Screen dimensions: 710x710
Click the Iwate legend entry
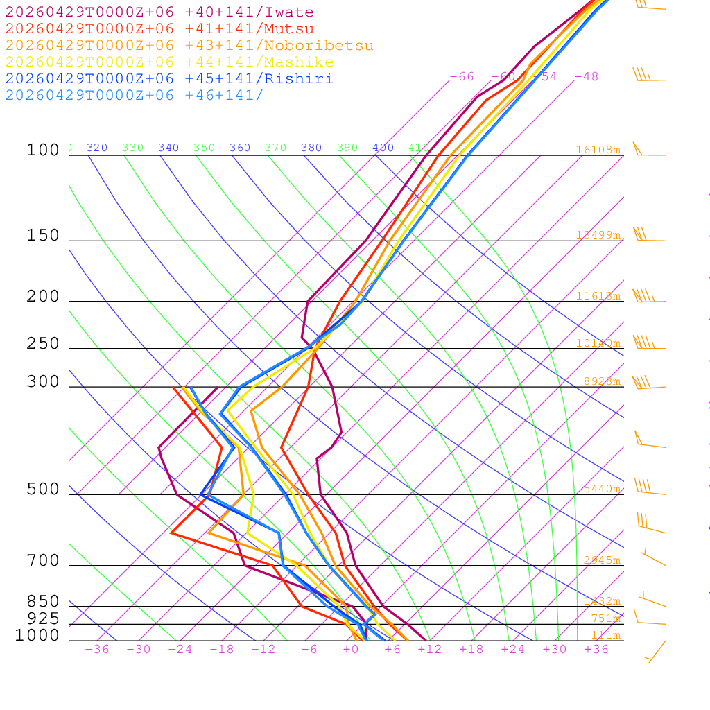tap(159, 12)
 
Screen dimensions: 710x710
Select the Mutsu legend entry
tap(159, 29)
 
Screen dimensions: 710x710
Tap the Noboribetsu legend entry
tap(189, 46)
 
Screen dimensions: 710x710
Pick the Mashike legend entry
tap(169, 62)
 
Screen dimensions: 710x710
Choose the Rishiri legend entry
tap(169, 79)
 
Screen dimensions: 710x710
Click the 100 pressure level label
tap(43, 150)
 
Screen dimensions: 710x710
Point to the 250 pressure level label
tap(43, 343)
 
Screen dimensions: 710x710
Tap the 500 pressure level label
tap(43, 490)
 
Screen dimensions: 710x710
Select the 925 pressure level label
tap(43, 618)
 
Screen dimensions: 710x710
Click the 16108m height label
tap(598, 150)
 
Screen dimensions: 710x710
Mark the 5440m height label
tap(601, 489)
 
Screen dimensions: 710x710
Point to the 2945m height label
tap(601, 560)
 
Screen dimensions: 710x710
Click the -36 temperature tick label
tap(96, 650)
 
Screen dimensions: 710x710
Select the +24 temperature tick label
tap(512, 650)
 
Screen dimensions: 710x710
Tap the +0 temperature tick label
tap(350, 650)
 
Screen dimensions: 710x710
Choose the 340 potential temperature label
tap(168, 148)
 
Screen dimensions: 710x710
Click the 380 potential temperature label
tap(311, 148)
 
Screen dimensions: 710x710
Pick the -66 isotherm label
tap(461, 77)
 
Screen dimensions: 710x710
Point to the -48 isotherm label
tap(586, 77)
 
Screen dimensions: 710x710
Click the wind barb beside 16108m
tap(648, 151)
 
